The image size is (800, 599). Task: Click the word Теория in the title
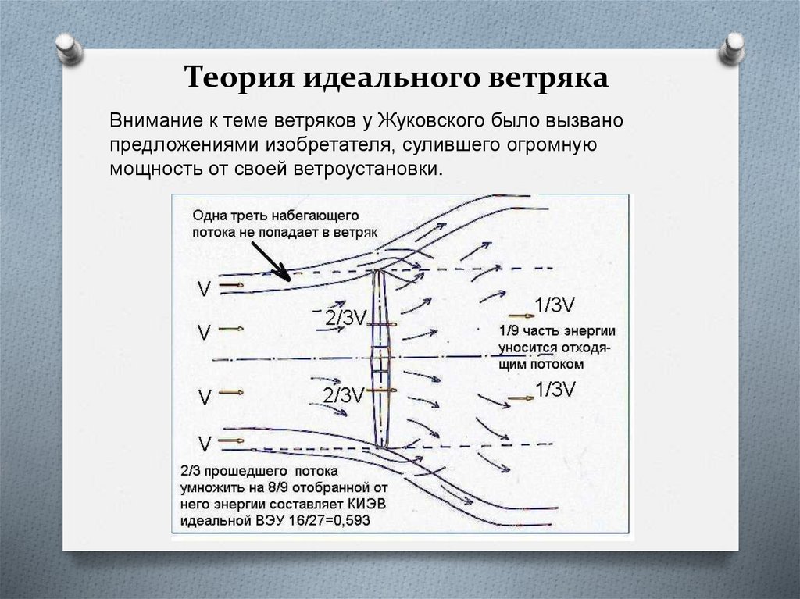pos(237,80)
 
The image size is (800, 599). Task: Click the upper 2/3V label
pos(345,317)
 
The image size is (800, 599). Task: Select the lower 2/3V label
pos(344,395)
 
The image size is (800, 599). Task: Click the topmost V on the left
pos(204,290)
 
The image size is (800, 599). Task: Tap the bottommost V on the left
pos(205,445)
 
